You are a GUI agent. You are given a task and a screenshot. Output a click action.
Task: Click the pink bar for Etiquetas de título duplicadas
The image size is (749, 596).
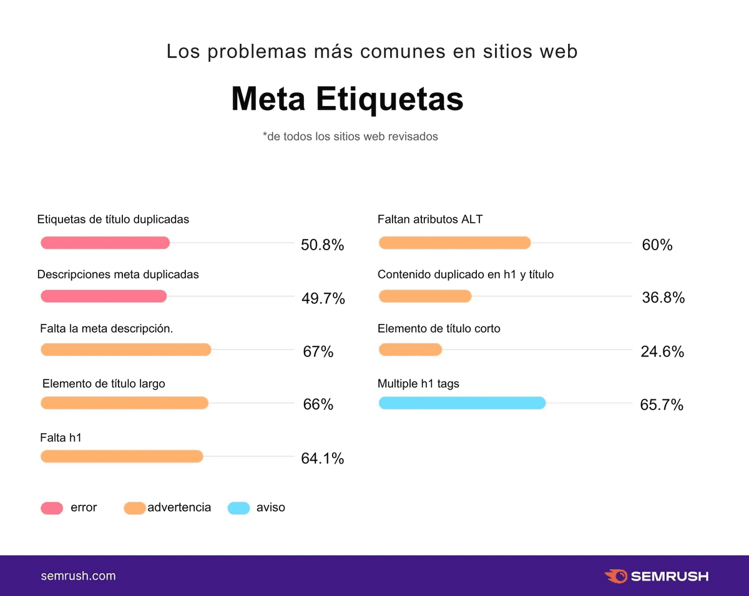(105, 243)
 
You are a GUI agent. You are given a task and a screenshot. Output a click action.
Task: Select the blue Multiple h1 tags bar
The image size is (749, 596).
(462, 403)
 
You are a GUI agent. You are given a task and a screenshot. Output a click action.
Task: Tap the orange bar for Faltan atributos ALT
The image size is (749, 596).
(454, 243)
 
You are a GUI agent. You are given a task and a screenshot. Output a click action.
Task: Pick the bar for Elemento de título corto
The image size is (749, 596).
(410, 349)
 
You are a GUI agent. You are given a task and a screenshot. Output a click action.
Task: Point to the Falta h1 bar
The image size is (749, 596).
(122, 457)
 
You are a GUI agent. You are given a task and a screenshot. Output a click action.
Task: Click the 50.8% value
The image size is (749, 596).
(322, 245)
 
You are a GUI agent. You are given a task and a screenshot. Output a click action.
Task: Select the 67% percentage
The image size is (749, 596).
(318, 352)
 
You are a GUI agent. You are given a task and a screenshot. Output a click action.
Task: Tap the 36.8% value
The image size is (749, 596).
(663, 298)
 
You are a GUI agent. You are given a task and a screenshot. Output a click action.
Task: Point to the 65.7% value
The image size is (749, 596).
(662, 405)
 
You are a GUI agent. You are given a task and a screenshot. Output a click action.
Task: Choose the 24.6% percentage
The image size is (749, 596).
(662, 352)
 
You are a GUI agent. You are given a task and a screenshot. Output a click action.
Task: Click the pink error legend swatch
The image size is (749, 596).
(52, 508)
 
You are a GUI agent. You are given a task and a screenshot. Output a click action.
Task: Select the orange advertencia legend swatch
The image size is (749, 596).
(135, 508)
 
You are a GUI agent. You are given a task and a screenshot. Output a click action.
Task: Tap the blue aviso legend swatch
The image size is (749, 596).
(238, 508)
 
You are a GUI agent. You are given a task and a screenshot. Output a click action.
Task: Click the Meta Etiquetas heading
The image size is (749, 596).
(347, 99)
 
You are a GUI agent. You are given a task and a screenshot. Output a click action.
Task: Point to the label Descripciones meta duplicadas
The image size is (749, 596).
(118, 275)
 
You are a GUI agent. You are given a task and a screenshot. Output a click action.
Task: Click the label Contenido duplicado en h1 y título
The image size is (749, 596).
(465, 275)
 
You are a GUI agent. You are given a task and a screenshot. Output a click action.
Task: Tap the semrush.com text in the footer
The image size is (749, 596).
(78, 576)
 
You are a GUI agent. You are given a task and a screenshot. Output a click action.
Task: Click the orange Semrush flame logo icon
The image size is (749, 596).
(615, 576)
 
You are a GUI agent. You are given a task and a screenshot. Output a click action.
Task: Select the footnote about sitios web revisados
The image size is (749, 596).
(350, 136)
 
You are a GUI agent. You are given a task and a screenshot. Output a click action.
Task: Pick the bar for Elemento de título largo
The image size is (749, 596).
(124, 403)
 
